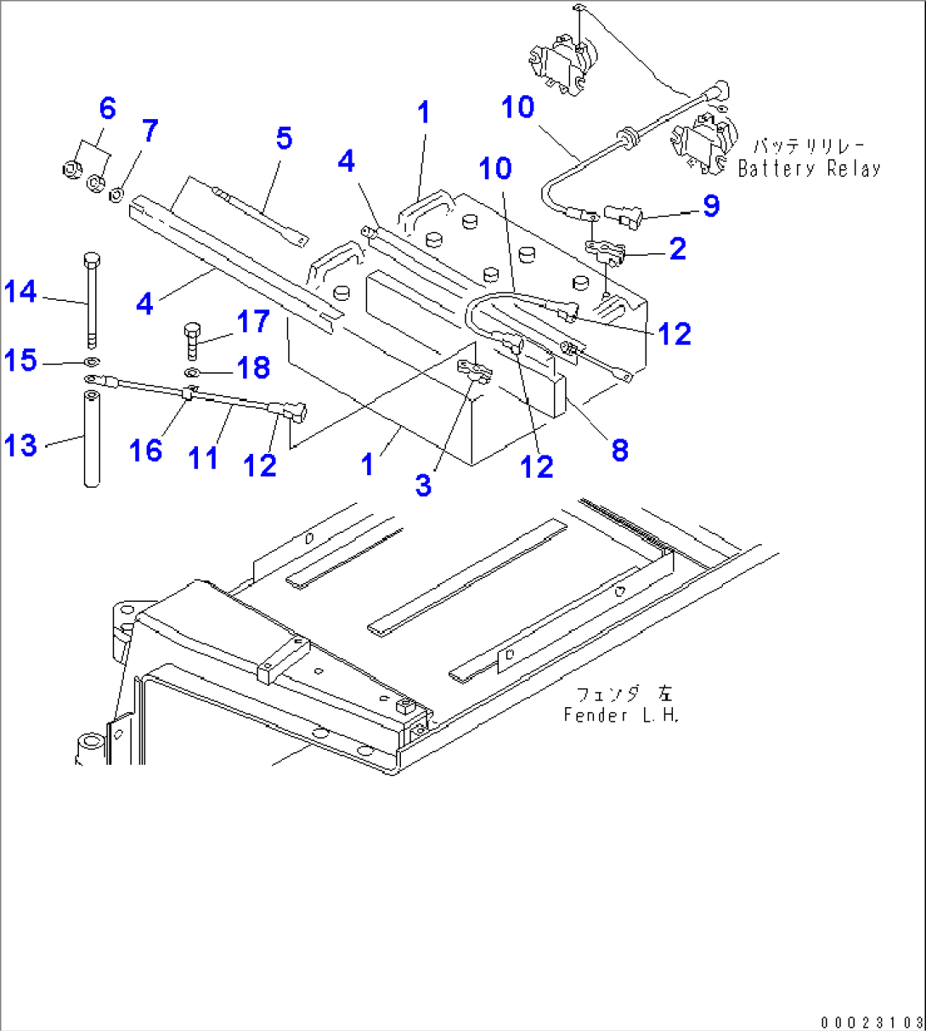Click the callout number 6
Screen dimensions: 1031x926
tap(107, 109)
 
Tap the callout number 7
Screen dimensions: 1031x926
tap(150, 131)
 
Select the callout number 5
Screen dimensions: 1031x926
tap(284, 138)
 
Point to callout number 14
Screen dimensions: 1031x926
tap(20, 292)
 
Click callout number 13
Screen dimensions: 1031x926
tap(20, 445)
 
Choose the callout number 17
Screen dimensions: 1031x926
tap(253, 321)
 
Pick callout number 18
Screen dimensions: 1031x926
tap(253, 367)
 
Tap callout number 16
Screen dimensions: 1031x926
tap(145, 450)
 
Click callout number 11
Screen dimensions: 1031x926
tap(203, 457)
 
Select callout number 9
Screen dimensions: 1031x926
tap(710, 206)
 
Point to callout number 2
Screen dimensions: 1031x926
tap(677, 248)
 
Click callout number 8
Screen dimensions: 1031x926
tap(619, 450)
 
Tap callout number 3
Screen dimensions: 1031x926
tap(423, 484)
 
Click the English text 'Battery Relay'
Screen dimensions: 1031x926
tap(809, 168)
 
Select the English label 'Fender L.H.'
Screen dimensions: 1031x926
tap(622, 715)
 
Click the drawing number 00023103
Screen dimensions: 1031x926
tap(872, 1022)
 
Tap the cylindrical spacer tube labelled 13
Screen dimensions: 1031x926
tap(91, 438)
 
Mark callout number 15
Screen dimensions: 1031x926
tap(20, 360)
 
